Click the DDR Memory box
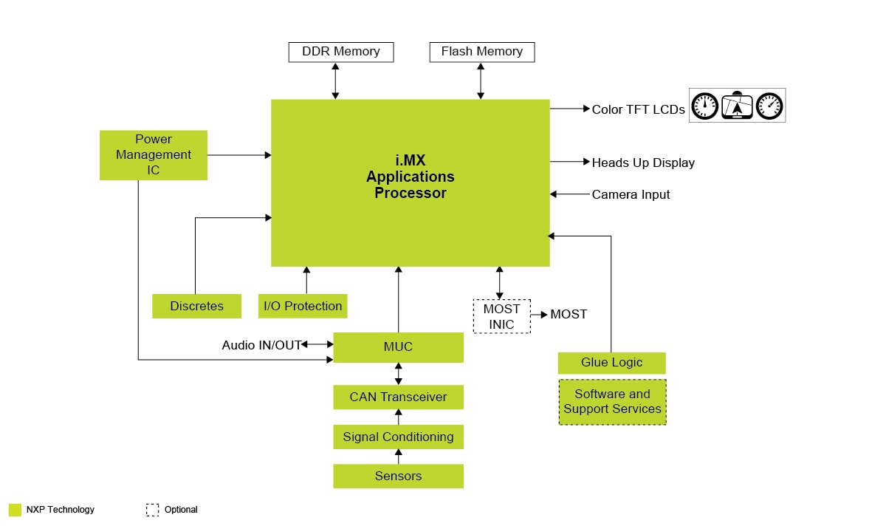pos(340,52)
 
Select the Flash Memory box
pos(481,52)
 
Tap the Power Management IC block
pos(154,155)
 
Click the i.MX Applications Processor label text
pos(410,177)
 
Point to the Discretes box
pos(196,306)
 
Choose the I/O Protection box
pos(303,306)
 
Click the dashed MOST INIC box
pos(501,316)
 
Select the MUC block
pos(398,347)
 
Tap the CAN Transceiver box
pos(398,397)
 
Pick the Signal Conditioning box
pos(398,437)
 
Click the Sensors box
pos(398,476)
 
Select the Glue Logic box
pos(611,363)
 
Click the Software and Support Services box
pos(612,402)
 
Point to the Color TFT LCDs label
pos(638,109)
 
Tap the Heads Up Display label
pos(643,163)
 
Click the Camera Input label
pos(631,194)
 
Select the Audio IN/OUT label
pos(261,345)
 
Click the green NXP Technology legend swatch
pos(15,510)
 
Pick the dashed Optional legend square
pos(152,510)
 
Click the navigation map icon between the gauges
pos(737,106)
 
